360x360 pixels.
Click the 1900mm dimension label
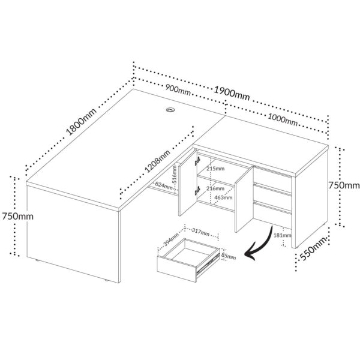click(x=232, y=93)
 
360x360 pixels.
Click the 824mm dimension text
click(x=163, y=185)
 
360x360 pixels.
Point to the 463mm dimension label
click(x=223, y=196)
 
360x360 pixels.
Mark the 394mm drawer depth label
click(x=171, y=241)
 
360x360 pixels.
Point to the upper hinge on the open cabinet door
click(x=196, y=160)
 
